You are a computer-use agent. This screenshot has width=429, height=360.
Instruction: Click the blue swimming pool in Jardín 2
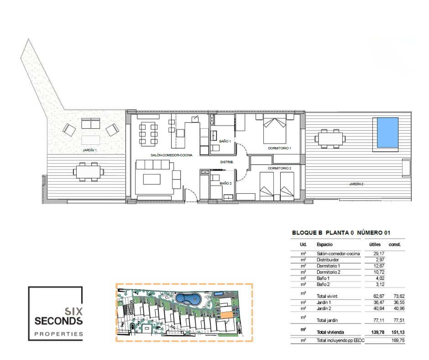pyautogui.click(x=387, y=132)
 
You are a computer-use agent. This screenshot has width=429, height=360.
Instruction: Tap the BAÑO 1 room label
pyautogui.click(x=225, y=141)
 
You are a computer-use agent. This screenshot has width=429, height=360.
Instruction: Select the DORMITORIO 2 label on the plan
pyautogui.click(x=279, y=168)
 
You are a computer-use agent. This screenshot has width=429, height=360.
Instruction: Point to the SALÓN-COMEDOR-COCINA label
pyautogui.click(x=171, y=155)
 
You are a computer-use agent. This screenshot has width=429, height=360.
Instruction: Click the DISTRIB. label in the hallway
pyautogui.click(x=227, y=162)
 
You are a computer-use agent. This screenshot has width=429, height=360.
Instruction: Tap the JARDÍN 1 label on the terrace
pyautogui.click(x=89, y=150)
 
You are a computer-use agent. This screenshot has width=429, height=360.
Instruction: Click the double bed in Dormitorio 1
pyautogui.click(x=274, y=129)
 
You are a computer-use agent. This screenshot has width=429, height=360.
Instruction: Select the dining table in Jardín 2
pyautogui.click(x=330, y=138)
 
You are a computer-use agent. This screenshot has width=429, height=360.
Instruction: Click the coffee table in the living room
pyautogui.click(x=152, y=180)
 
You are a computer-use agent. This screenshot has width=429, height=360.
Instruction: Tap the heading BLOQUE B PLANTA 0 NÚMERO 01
pyautogui.click(x=341, y=233)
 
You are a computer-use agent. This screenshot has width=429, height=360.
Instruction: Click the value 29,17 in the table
pyautogui.click(x=379, y=254)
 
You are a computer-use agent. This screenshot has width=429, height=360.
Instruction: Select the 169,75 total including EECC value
pyautogui.click(x=398, y=340)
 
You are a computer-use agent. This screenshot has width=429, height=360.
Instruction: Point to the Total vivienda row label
pyautogui.click(x=330, y=332)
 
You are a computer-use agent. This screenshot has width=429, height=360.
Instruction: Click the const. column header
pyautogui.click(x=394, y=244)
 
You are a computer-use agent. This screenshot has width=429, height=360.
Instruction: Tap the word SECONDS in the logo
pyautogui.click(x=58, y=321)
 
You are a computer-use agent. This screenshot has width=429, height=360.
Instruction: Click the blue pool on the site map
pyautogui.click(x=188, y=299)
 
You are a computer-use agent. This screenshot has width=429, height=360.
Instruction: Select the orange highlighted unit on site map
pyautogui.click(x=226, y=315)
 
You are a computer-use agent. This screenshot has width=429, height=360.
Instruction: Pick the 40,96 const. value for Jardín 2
pyautogui.click(x=399, y=308)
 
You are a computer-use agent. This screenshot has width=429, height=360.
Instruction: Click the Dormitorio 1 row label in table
pyautogui.click(x=328, y=266)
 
